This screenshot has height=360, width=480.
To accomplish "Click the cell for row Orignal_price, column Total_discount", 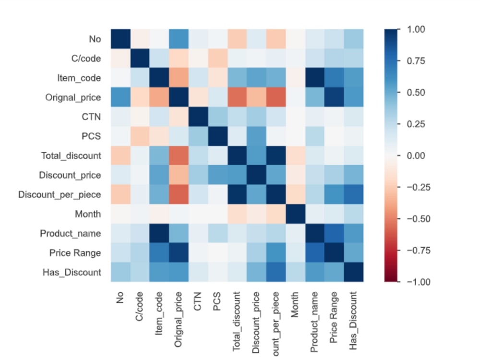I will point(238,97).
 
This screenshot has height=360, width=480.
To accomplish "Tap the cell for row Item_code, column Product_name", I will point(315,78).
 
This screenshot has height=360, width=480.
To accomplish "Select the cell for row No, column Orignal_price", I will point(179,39).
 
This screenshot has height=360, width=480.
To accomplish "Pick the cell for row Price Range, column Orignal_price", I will point(179,252).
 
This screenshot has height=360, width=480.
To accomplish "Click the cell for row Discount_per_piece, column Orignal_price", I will point(179,194).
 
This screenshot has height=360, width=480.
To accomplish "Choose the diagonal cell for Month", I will point(296,214).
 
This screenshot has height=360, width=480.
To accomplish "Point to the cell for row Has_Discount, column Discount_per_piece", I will point(276,272).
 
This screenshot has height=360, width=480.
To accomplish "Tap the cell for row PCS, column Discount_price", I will point(257,136).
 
